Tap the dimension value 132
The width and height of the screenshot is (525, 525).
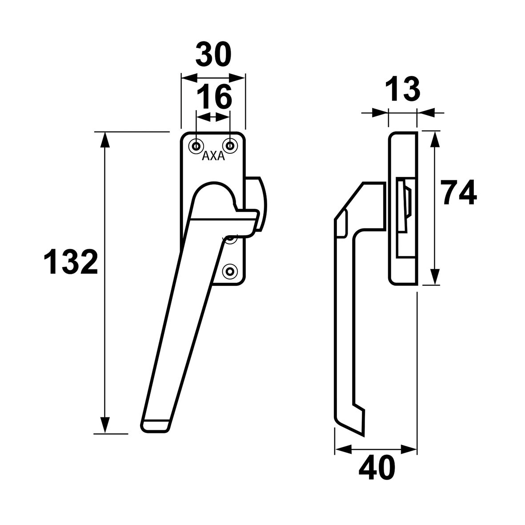tap(71, 262)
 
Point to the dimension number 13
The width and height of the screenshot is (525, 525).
tap(402, 89)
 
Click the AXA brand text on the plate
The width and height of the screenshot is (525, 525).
tap(214, 156)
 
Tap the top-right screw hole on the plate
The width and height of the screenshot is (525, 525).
tap(230, 145)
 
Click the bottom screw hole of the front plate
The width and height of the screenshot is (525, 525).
tap(230, 271)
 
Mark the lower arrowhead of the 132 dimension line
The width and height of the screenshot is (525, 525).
tap(104, 425)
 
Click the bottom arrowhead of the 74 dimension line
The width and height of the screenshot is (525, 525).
tap(435, 277)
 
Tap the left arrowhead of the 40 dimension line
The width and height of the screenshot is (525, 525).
tap(343, 449)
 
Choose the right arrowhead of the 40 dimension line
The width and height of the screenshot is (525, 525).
tap(409, 449)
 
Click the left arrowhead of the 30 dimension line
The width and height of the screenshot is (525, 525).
tap(188, 77)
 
